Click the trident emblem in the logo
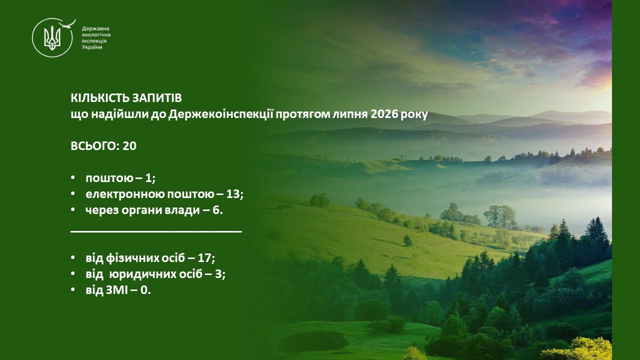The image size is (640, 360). tap(52, 37)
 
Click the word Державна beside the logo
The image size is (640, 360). tap(95, 29)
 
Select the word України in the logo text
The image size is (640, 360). tap(92, 47)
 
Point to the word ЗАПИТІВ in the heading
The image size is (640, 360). tap(157, 98)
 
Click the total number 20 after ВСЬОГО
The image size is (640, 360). tap(129, 146)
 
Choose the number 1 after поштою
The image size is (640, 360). tap(148, 178)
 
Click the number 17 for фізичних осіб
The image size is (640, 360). tap(204, 258)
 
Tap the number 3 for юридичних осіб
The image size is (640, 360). tap(218, 274)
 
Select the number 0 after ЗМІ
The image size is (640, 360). tap(144, 290)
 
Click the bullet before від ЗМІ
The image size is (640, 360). tap(73, 289)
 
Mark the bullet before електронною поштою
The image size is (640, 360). tap(73, 193)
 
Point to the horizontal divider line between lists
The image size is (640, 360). tap(156, 231)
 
